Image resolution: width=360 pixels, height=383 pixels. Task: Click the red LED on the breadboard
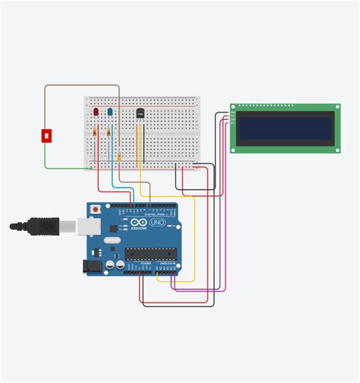(x=96, y=113)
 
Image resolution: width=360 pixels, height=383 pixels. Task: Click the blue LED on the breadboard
(x=109, y=113)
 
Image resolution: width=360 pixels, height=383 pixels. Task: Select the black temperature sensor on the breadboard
(x=140, y=113)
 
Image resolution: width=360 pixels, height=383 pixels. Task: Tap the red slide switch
(x=46, y=135)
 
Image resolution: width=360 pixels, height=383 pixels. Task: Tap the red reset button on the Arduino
(x=95, y=208)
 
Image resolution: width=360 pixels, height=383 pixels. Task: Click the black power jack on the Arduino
(x=93, y=266)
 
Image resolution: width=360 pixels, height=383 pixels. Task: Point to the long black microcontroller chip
(x=150, y=254)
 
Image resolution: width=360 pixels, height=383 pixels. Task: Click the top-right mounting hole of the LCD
(x=333, y=108)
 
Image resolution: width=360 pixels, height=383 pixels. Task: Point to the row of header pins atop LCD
(x=266, y=106)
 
